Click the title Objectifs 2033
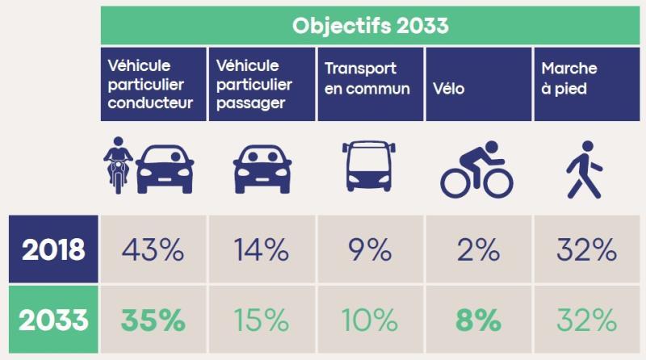(370, 25)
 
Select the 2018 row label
(53, 249)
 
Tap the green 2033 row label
(53, 320)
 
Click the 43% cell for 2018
(153, 250)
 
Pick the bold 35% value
(153, 320)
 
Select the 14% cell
(262, 250)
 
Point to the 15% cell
(262, 320)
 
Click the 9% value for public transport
(370, 250)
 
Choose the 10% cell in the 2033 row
(370, 320)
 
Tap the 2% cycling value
(477, 250)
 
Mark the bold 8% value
(477, 320)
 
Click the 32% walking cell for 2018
(586, 250)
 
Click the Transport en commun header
(370, 80)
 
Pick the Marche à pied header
(586, 80)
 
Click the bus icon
(370, 168)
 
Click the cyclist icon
(476, 170)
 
